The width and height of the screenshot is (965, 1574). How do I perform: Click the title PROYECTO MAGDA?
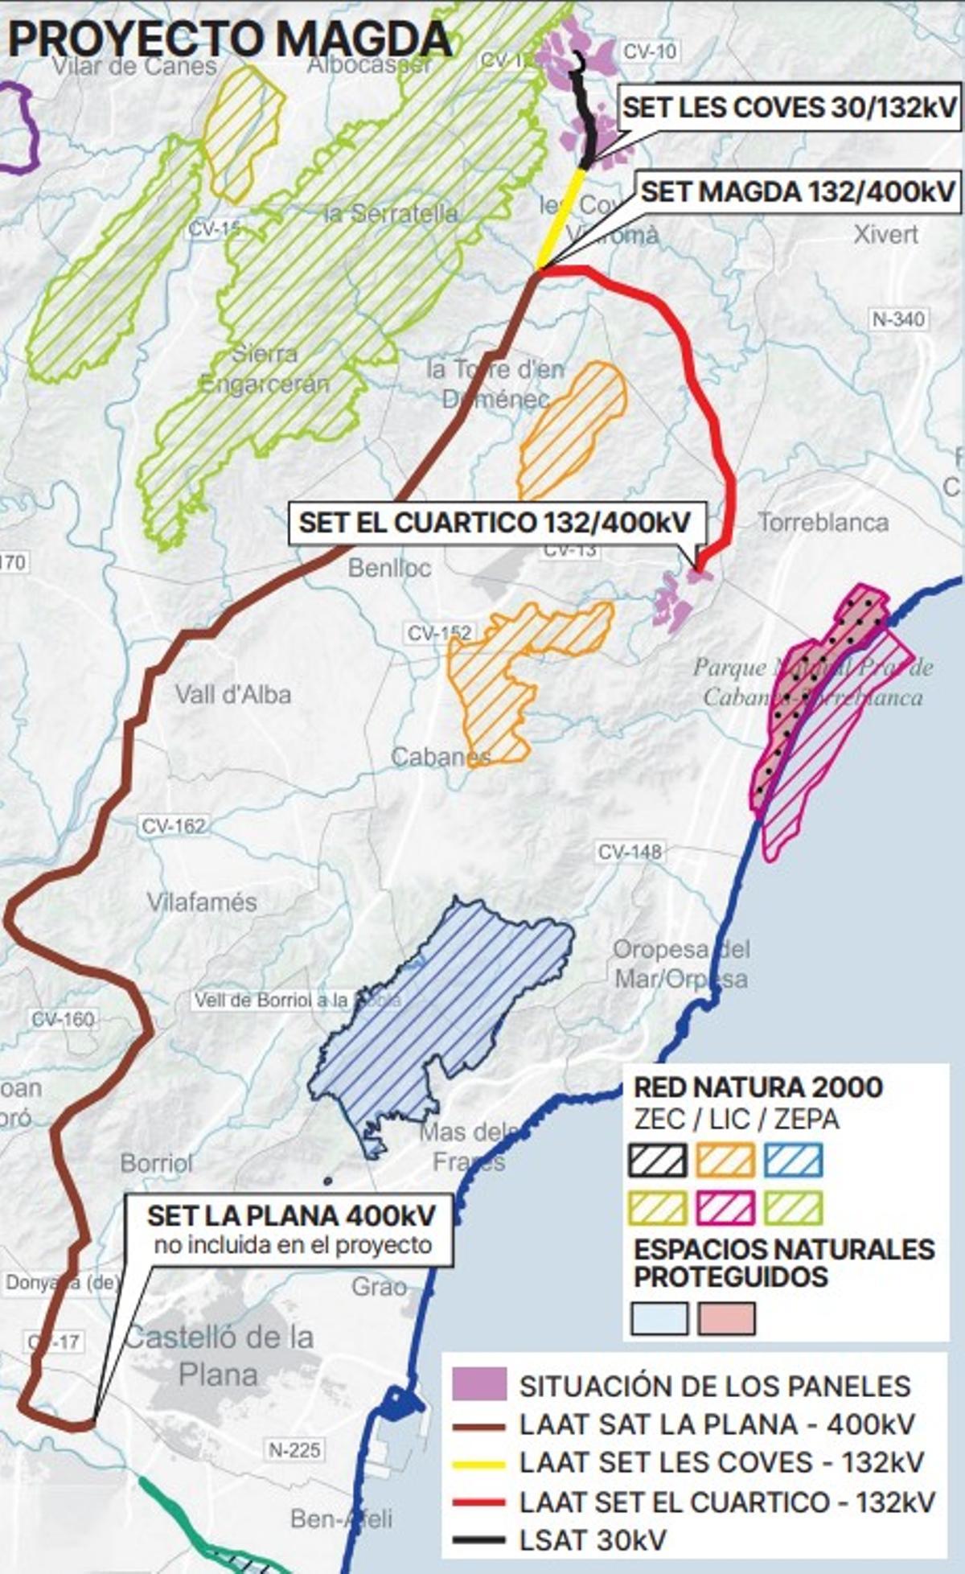(229, 38)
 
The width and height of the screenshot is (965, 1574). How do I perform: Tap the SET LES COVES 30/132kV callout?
(790, 107)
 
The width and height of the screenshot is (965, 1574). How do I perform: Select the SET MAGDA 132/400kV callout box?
(799, 191)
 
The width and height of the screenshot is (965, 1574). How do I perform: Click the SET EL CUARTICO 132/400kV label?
(495, 522)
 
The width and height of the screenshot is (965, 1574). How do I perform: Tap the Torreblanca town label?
(823, 523)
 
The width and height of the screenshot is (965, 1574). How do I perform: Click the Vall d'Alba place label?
(233, 694)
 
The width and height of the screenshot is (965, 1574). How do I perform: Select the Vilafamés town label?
(202, 902)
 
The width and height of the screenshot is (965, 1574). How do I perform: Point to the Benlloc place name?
(389, 568)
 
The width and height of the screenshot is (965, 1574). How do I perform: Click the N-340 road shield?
(898, 319)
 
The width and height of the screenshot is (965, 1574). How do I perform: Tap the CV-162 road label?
(173, 825)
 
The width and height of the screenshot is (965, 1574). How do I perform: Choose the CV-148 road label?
(630, 851)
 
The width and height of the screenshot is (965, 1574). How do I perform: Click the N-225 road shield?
(294, 1450)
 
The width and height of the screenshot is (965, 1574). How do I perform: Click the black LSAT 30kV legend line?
(478, 1540)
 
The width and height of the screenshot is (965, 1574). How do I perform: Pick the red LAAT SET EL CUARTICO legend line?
(478, 1502)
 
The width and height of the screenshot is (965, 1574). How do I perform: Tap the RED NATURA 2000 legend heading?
(758, 1087)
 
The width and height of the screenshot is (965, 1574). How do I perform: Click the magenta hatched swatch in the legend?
(726, 1208)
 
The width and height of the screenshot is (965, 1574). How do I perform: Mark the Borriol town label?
(157, 1163)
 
